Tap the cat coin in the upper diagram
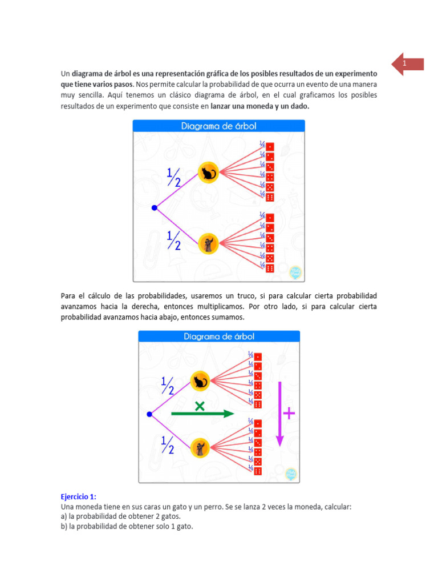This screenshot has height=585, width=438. tap(208, 172)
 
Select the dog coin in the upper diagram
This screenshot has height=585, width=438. tap(208, 244)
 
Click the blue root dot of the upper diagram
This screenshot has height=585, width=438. tap(154, 208)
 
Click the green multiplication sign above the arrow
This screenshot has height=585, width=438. tap(200, 406)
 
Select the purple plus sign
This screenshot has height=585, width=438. tap(290, 413)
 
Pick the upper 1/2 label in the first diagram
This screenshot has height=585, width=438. tap(173, 177)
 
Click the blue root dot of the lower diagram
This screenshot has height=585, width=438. tap(149, 414)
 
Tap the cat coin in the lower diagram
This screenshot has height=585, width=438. tap(201, 380)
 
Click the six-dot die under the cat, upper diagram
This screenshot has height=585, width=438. tap(270, 197)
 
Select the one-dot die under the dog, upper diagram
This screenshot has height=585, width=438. tap(270, 218)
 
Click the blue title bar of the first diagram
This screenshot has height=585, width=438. tap(219, 126)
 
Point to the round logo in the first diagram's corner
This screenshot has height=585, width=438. tap(295, 271)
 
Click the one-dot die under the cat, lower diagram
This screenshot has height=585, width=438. tap(258, 357)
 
